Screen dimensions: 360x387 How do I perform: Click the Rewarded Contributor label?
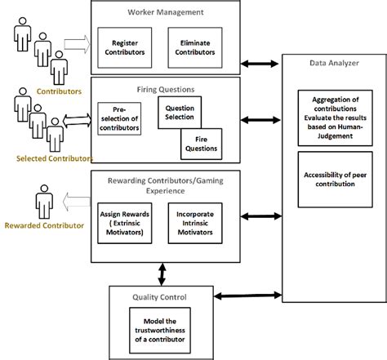44,224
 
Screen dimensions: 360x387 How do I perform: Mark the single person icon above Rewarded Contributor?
42,202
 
